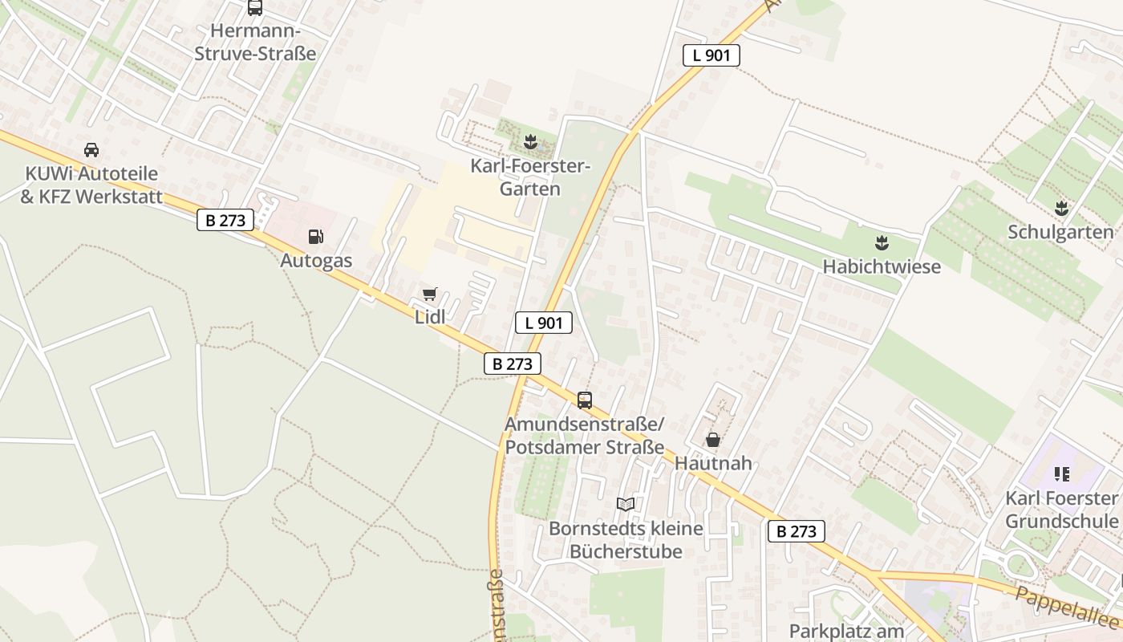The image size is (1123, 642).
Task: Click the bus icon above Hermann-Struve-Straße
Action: [255, 8]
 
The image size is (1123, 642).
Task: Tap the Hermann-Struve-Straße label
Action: [255, 43]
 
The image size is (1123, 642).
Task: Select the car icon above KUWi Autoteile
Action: [91, 150]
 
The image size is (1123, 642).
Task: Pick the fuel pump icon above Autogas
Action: [316, 237]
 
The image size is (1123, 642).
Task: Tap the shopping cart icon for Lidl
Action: [430, 295]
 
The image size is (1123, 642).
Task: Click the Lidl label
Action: [430, 317]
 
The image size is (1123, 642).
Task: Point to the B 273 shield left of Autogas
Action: [225, 220]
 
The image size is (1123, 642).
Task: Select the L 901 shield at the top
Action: [711, 55]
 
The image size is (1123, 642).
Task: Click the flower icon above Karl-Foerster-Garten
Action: [529, 144]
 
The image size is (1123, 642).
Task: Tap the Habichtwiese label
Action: [882, 266]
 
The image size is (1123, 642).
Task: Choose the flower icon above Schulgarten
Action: [1061, 209]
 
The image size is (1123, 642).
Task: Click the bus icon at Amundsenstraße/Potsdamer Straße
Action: [585, 400]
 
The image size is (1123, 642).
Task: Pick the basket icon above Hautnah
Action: [712, 440]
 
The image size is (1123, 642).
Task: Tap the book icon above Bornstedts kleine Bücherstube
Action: [625, 504]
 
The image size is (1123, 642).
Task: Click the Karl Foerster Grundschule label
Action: [1060, 510]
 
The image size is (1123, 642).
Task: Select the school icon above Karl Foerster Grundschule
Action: [1062, 474]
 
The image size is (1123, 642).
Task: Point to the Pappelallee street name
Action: [1067, 606]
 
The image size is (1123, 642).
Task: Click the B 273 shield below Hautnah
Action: [796, 530]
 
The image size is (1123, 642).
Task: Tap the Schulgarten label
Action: [1060, 233]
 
